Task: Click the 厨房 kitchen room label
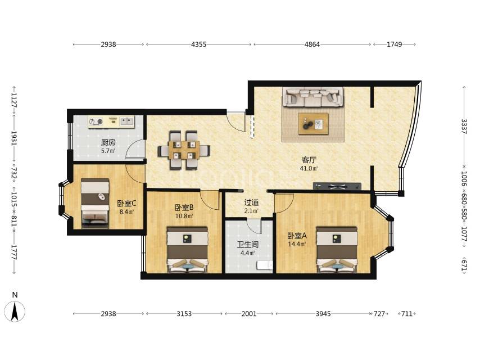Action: pyautogui.click(x=108, y=142)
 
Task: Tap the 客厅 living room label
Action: pyautogui.click(x=309, y=160)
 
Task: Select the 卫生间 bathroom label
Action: pyautogui.click(x=248, y=245)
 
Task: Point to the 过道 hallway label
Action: pyautogui.click(x=252, y=202)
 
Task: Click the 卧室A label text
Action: pyautogui.click(x=297, y=236)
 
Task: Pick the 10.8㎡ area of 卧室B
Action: pyautogui.click(x=184, y=216)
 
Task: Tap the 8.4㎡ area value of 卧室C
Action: pyautogui.click(x=126, y=211)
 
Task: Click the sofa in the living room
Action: pyautogui.click(x=313, y=97)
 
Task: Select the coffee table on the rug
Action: pyautogui.click(x=313, y=124)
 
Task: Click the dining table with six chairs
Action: pyautogui.click(x=184, y=150)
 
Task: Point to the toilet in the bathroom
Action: pyautogui.click(x=265, y=265)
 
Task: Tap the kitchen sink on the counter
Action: pyautogui.click(x=126, y=121)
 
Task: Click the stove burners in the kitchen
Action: pyautogui.click(x=96, y=122)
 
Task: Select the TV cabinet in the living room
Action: pyautogui.click(x=337, y=186)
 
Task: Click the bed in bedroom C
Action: pyautogui.click(x=95, y=204)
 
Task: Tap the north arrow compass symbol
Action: pyautogui.click(x=15, y=311)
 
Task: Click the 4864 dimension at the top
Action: pyautogui.click(x=313, y=44)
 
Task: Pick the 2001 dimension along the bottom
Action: pyautogui.click(x=249, y=314)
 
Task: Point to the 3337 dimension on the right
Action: pyautogui.click(x=464, y=126)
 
